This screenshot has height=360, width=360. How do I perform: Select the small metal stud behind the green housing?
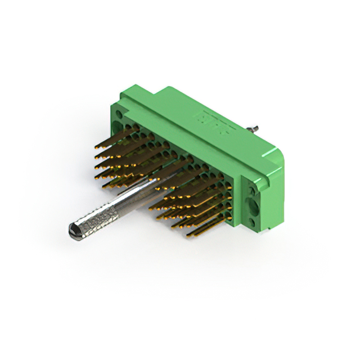(255, 127)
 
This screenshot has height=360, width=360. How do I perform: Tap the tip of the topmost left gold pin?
(96, 147)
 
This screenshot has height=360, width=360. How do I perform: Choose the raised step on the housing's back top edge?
(169, 90)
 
